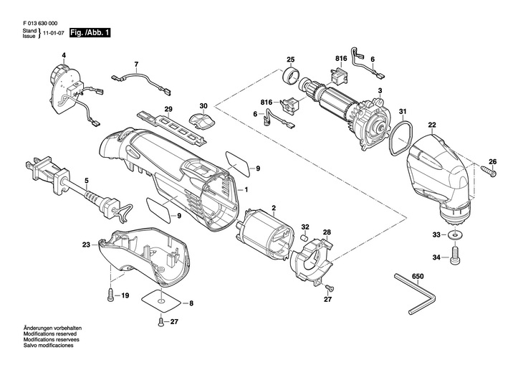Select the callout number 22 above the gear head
pos(432,125)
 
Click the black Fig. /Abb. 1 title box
pos(90,33)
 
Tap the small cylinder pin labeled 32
pos(304,238)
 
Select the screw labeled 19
pos(111,294)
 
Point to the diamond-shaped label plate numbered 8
pos(161,301)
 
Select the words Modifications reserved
pos(50,334)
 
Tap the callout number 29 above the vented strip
pos(168,109)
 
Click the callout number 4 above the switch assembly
pos(64,55)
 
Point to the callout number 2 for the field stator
pos(274,209)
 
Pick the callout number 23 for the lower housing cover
pos(87,245)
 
